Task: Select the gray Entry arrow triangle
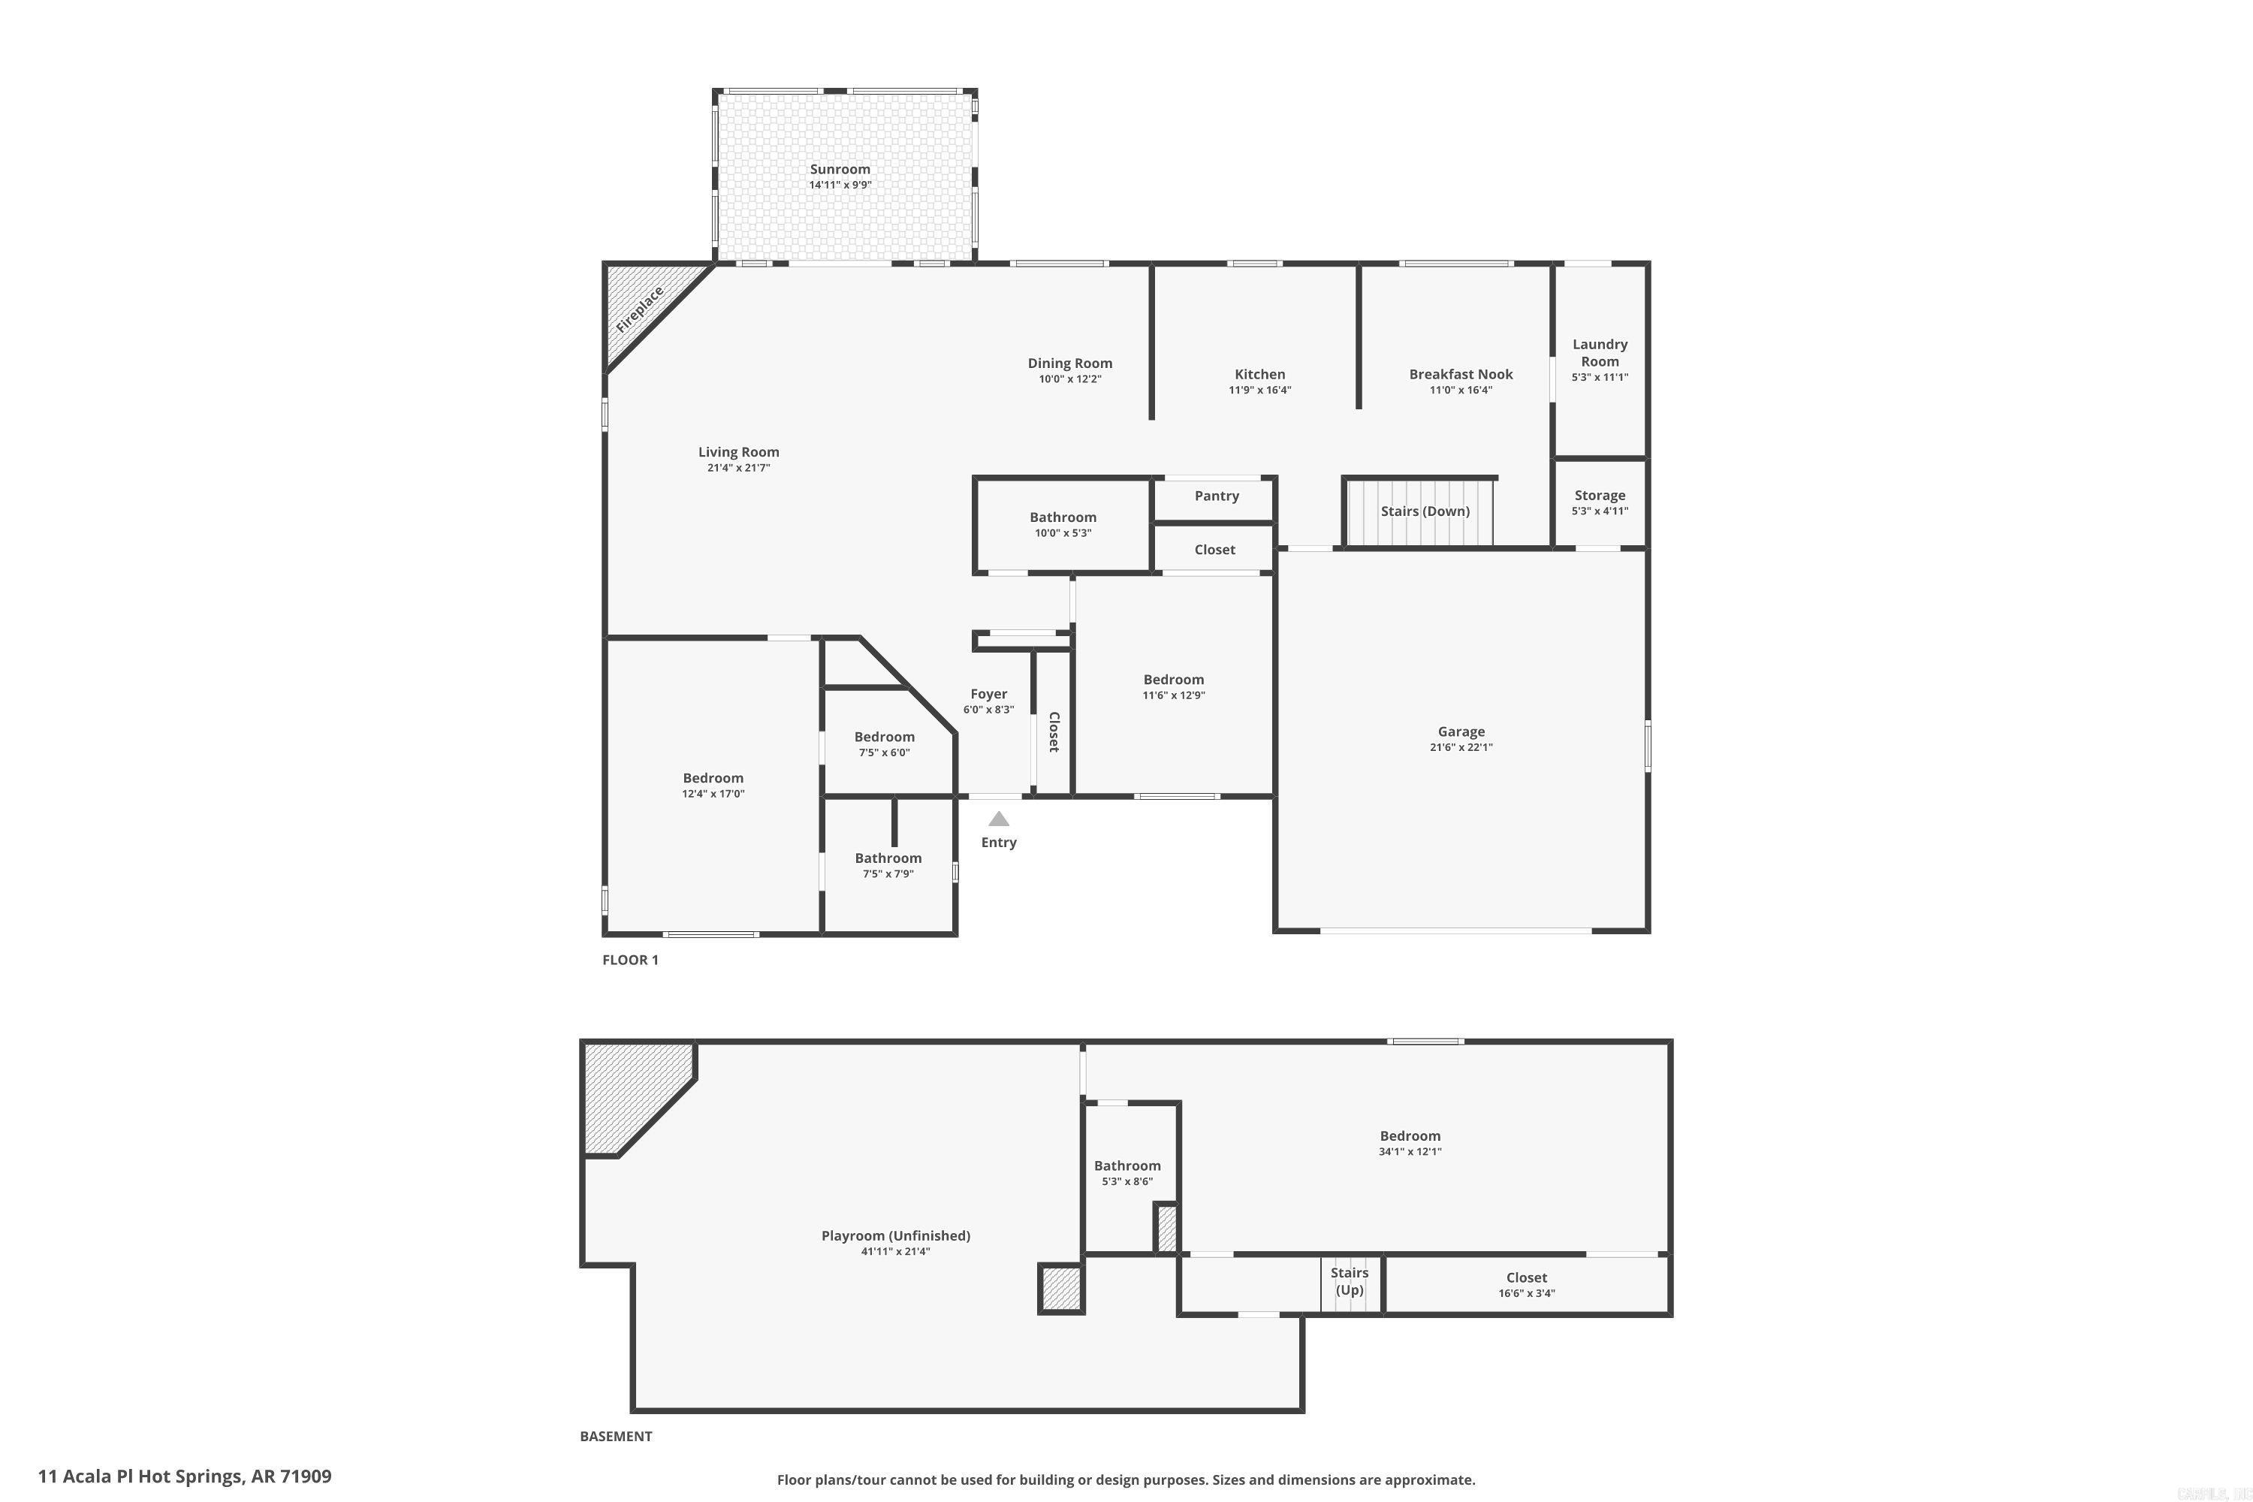tap(998, 819)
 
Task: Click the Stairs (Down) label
tap(1425, 511)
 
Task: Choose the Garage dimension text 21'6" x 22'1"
tap(1461, 747)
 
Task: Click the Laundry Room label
tap(1600, 352)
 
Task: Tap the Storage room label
tap(1600, 495)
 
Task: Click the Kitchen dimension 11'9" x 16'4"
tap(1259, 390)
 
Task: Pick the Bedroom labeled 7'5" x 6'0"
tap(884, 737)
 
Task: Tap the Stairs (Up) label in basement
tap(1349, 1280)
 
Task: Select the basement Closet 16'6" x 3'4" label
tap(1526, 1278)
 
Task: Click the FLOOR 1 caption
tap(630, 960)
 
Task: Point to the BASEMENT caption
tap(616, 1436)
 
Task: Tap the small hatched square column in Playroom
tap(1060, 1289)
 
